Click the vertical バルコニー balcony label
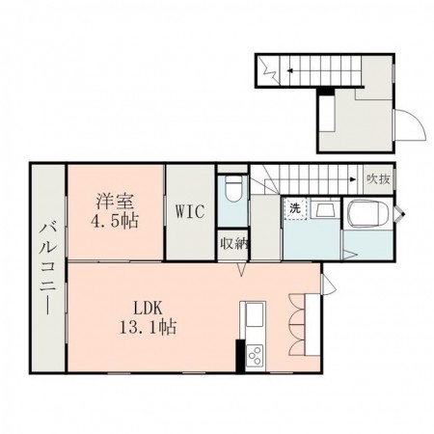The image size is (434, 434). click(46, 266)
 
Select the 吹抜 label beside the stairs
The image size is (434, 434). click(377, 178)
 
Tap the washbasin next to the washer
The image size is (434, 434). click(325, 211)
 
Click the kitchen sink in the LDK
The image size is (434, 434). click(256, 315)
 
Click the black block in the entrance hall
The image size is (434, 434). click(327, 93)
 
